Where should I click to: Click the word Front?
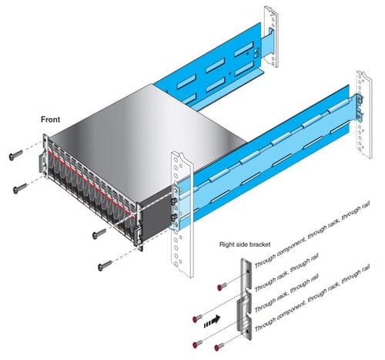(50, 119)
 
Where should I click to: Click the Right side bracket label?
(245, 244)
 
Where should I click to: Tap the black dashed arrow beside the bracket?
(212, 321)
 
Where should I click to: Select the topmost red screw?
(222, 287)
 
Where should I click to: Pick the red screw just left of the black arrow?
(197, 318)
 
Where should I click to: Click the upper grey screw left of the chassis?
(16, 155)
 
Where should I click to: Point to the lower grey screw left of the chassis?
(20, 188)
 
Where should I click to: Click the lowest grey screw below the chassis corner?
(105, 265)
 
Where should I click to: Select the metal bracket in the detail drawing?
(245, 299)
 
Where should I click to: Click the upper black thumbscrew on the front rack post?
(175, 200)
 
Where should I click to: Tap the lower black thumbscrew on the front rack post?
(174, 217)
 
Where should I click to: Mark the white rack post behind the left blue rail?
(272, 36)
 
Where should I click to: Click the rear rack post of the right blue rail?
(364, 114)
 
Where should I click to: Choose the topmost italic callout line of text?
(312, 234)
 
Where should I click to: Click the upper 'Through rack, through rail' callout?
(286, 273)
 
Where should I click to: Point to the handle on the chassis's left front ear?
(42, 163)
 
